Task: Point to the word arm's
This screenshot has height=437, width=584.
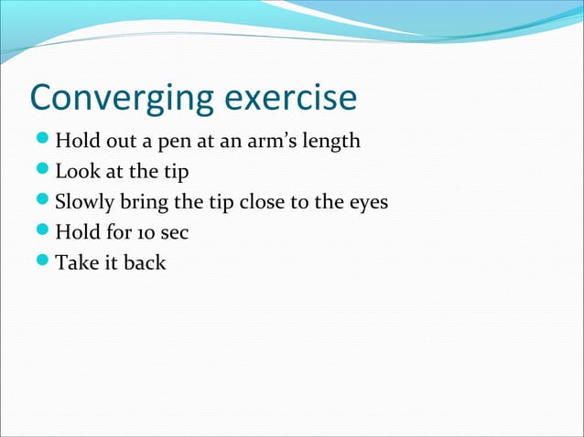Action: coord(267,142)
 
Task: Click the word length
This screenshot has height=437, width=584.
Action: coord(329,143)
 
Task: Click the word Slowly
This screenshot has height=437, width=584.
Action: coord(83,203)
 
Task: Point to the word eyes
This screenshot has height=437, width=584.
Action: coord(368,203)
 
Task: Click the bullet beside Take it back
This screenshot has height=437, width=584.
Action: coord(40,263)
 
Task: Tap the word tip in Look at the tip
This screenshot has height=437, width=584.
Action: coord(174,172)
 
